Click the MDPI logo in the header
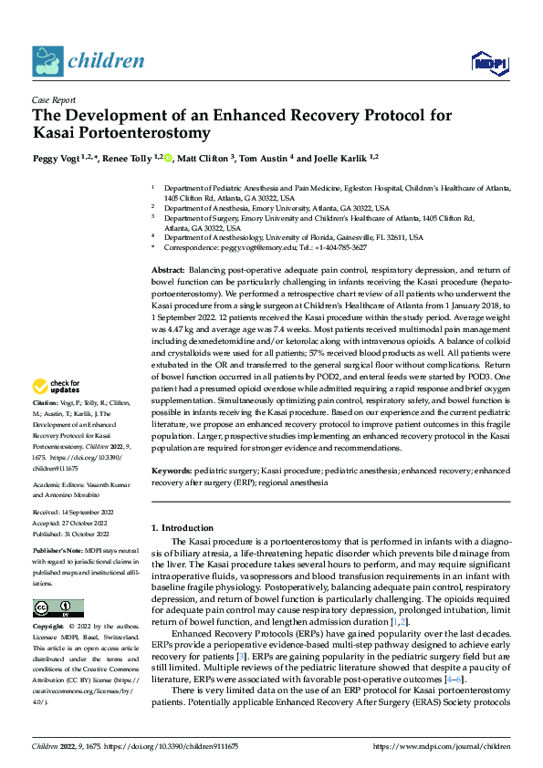487,61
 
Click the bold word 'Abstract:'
167,272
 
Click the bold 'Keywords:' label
171,470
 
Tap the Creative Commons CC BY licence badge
57,607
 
